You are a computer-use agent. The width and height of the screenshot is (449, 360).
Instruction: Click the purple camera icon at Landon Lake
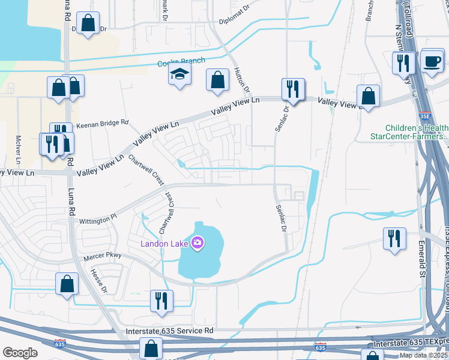pos(198,243)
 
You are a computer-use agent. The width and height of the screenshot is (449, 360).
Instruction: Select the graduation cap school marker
pos(179,75)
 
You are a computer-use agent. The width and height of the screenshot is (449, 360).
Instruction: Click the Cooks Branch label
pos(181,61)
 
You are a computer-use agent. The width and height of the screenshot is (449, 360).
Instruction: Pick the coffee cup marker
pos(432,61)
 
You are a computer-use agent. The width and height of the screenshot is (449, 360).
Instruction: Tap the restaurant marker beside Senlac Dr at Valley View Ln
pos(293,89)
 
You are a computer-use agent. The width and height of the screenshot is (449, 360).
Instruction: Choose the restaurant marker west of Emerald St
pos(394,238)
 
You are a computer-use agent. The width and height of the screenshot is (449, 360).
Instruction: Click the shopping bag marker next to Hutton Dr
pos(217,80)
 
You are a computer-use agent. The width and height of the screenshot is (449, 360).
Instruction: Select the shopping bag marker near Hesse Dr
pos(67,283)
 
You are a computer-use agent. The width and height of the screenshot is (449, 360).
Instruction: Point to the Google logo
pos(20,353)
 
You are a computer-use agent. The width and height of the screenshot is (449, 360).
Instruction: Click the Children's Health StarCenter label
pos(417,132)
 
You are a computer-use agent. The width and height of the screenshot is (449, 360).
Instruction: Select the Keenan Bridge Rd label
pos(102,122)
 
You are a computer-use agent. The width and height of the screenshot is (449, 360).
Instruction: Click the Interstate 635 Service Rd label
pos(170,331)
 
